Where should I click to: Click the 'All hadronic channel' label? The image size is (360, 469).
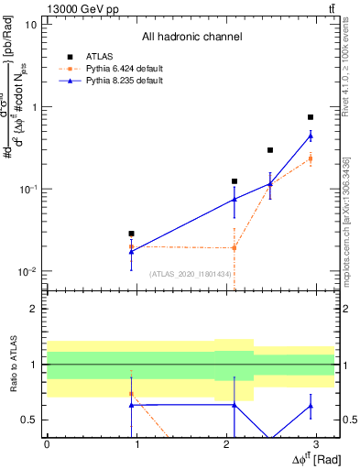[x=191, y=37]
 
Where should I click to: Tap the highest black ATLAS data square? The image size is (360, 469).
[x=311, y=117]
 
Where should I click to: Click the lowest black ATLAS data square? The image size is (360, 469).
[x=132, y=234]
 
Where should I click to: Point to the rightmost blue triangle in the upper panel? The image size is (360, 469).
[x=311, y=136]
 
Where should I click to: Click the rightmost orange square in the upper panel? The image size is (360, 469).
[x=311, y=158]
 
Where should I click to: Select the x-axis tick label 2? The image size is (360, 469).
[x=227, y=443]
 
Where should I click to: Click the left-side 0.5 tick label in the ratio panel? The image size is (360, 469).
[x=30, y=420]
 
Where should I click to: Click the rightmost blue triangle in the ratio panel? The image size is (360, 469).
[x=311, y=406]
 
